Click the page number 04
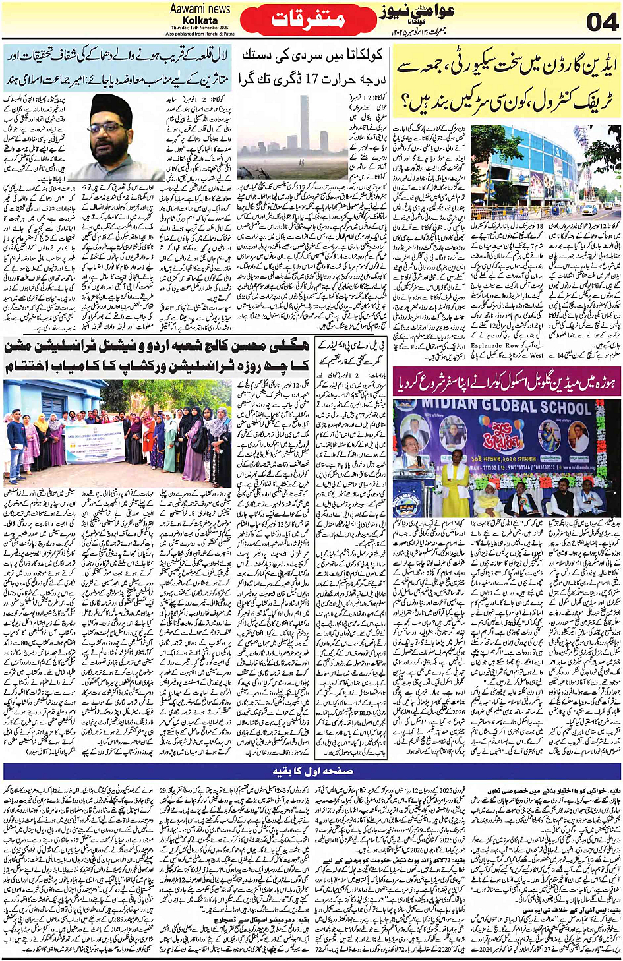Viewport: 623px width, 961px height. (601, 21)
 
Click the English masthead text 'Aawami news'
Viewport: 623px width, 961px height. (200, 9)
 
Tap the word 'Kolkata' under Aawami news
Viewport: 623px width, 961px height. (200, 20)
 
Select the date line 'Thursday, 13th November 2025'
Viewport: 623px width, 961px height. (200, 27)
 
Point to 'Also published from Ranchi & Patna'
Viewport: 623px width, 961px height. (200, 33)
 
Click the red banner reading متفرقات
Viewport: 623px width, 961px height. (308, 20)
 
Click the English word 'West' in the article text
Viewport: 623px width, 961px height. (537, 355)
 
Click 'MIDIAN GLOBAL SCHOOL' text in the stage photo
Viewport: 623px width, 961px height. (511, 407)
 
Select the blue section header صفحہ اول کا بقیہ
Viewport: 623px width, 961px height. (312, 771)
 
